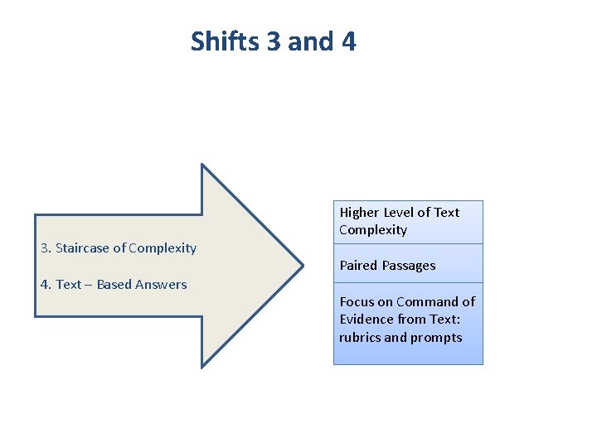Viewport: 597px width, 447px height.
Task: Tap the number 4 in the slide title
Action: click(348, 41)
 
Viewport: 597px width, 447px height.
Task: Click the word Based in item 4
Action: click(114, 285)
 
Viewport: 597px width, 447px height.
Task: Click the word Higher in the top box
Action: click(359, 213)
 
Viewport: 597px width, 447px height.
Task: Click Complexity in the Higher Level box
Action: click(373, 230)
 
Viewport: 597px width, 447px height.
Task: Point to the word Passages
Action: click(409, 266)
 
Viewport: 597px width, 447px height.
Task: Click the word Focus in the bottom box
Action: click(357, 302)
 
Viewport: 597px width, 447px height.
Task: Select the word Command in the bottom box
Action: click(427, 302)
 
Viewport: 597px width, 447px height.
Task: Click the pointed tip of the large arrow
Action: click(302, 266)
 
